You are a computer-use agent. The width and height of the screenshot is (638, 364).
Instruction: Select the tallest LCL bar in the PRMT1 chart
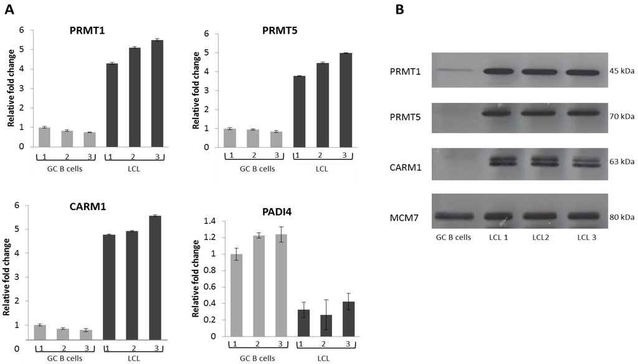point(156,93)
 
